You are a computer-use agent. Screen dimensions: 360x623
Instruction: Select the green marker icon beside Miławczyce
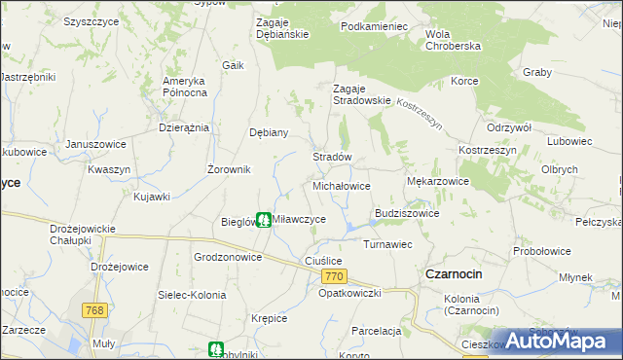(264, 221)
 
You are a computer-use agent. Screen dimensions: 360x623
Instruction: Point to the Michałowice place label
(341, 185)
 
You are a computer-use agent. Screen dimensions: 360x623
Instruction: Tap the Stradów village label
(331, 157)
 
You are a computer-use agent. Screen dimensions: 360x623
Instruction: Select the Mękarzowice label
(437, 181)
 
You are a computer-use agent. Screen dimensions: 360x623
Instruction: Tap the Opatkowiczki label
(349, 293)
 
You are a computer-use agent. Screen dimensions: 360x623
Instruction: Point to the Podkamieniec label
(374, 26)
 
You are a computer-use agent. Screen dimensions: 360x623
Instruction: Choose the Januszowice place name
(96, 144)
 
